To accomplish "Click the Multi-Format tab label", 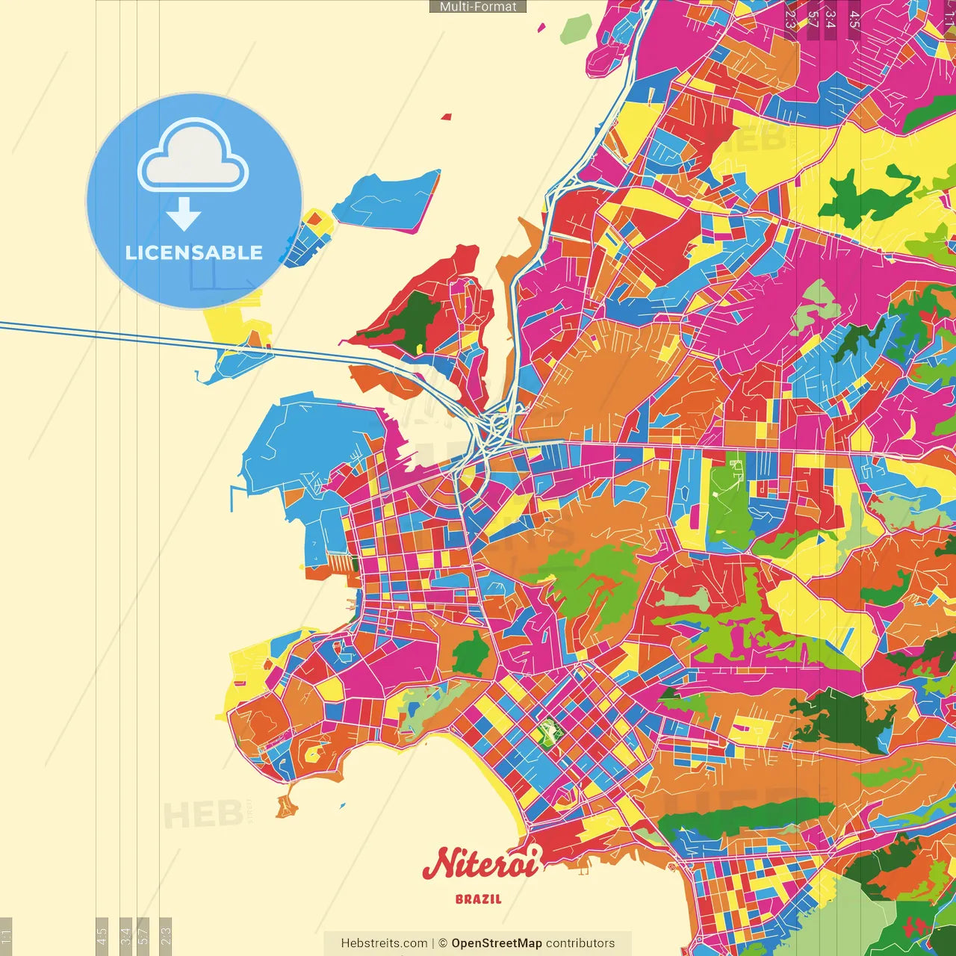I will pyautogui.click(x=478, y=7).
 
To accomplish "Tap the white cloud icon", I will pyautogui.click(x=193, y=158).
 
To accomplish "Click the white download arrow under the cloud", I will pyautogui.click(x=184, y=214).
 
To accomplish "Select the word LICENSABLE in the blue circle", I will pyautogui.click(x=194, y=252).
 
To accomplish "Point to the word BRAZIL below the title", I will pyautogui.click(x=479, y=899).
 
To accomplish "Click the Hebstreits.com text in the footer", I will pyautogui.click(x=384, y=943).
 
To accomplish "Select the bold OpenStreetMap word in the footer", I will pyautogui.click(x=497, y=943).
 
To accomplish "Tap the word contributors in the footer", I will pyautogui.click(x=580, y=943).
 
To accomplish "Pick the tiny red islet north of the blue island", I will pyautogui.click(x=447, y=117).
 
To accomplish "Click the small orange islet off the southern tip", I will pyautogui.click(x=286, y=807).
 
